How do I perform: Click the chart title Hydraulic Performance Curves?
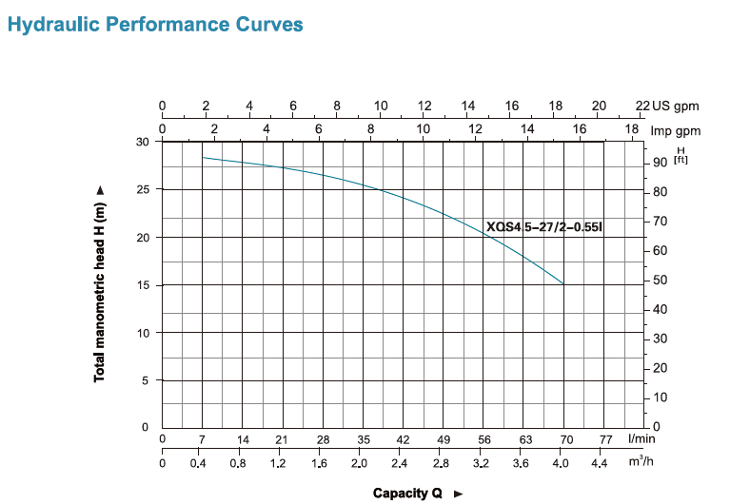pos(156,24)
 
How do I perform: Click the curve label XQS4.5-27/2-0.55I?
pos(544,227)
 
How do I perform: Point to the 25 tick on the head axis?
pos(144,189)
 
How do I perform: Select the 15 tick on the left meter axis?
pos(144,285)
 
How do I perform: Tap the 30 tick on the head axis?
pos(144,142)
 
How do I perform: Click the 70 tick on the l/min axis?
pos(566,439)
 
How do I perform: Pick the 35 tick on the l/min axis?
pos(364,439)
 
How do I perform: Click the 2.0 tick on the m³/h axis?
pos(359,464)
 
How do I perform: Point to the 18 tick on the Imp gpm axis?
pos(632,128)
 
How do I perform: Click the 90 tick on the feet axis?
pos(660,163)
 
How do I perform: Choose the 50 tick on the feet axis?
pos(660,280)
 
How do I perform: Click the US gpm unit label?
pos(677,107)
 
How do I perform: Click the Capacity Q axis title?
pos(408,493)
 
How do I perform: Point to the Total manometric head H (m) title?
pos(99,284)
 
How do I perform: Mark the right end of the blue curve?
pos(563,283)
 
